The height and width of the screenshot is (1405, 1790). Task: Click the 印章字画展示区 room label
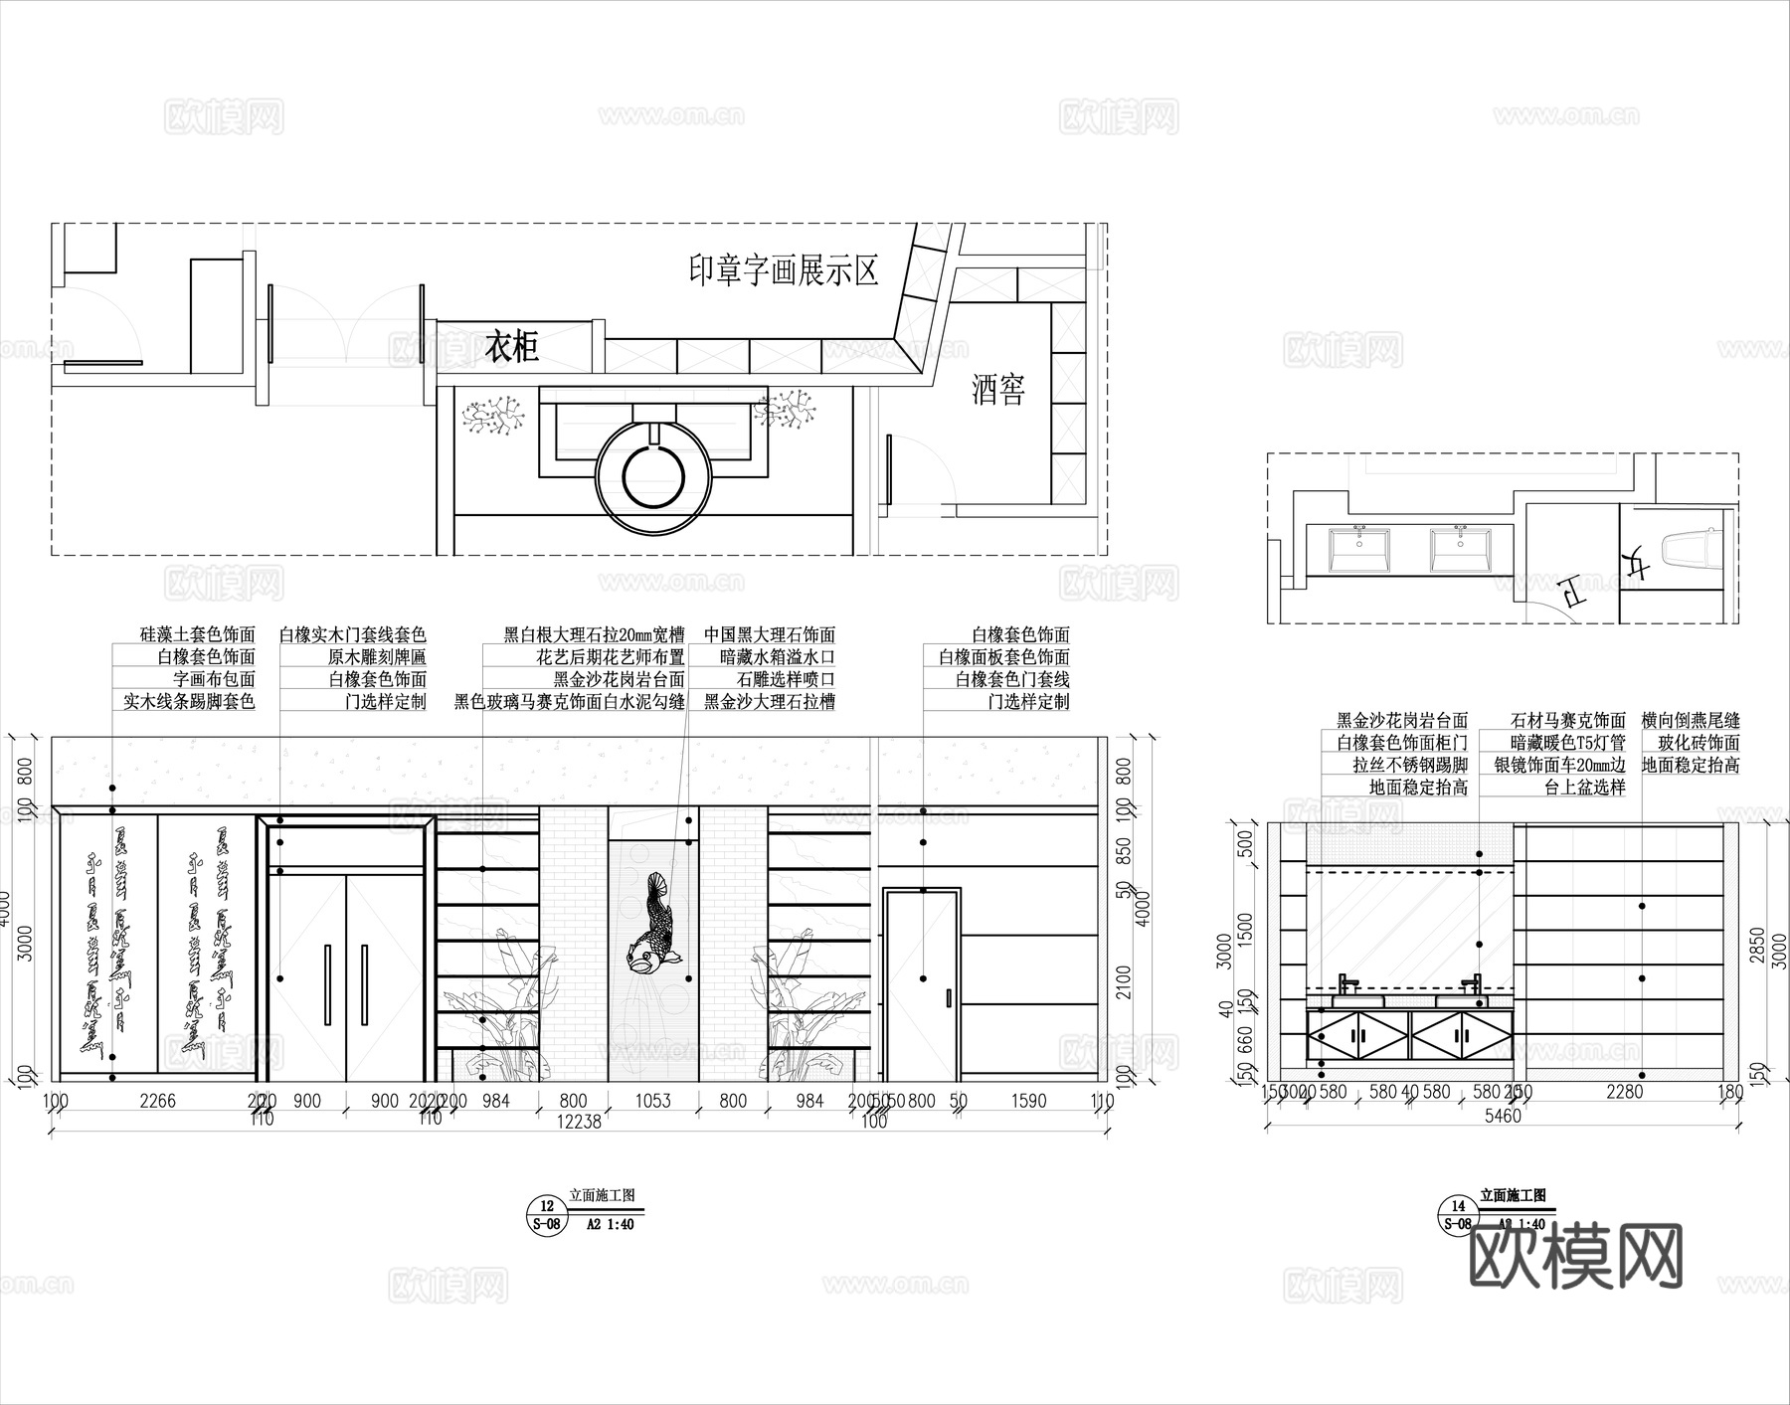pyautogui.click(x=784, y=269)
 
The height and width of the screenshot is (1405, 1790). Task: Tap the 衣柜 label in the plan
pyautogui.click(x=512, y=347)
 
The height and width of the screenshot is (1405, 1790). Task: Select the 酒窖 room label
pyautogui.click(x=998, y=390)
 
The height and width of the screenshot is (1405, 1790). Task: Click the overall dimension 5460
pyautogui.click(x=1502, y=1115)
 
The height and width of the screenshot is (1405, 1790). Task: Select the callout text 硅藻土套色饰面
pyautogui.click(x=198, y=634)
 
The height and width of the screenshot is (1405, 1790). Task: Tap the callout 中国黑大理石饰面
pyautogui.click(x=769, y=634)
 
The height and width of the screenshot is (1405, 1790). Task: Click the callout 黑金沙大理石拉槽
pyautogui.click(x=769, y=701)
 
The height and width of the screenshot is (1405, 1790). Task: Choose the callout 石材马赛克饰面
pyautogui.click(x=1567, y=720)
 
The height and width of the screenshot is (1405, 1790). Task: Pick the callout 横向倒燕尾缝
pyautogui.click(x=1691, y=720)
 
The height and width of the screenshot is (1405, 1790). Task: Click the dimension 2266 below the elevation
pyautogui.click(x=157, y=1101)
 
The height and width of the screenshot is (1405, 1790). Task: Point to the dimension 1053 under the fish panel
pyautogui.click(x=652, y=1101)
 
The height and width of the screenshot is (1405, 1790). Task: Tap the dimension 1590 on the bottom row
pyautogui.click(x=1028, y=1101)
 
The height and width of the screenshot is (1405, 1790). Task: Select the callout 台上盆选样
pyautogui.click(x=1584, y=788)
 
